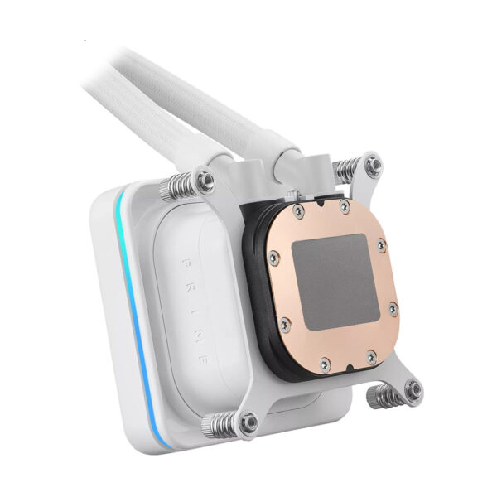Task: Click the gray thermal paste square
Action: pyautogui.click(x=335, y=282)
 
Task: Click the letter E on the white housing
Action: pyautogui.click(x=204, y=360)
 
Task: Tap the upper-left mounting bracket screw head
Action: pyautogui.click(x=205, y=181)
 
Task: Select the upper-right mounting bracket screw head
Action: pyautogui.click(x=374, y=165)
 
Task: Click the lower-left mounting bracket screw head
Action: pyautogui.click(x=249, y=423)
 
